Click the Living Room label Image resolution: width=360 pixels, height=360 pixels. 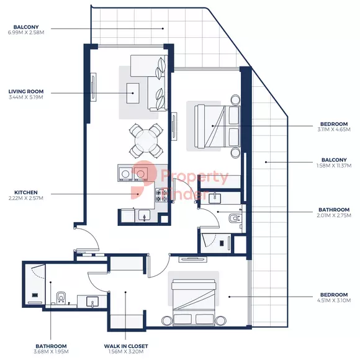(26, 91)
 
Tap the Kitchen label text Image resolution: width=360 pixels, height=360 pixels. (26, 192)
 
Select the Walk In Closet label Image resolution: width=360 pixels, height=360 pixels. (126, 346)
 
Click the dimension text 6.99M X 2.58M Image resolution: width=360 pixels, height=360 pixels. (26, 32)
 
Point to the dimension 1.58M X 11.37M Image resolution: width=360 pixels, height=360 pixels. (334, 166)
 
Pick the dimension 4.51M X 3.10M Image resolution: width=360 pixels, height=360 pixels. (334, 300)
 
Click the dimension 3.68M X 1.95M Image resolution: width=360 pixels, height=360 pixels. (51, 351)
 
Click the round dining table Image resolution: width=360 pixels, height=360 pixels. (146, 141)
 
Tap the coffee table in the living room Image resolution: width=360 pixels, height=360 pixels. (133, 93)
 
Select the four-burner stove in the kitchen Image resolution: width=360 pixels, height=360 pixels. (161, 195)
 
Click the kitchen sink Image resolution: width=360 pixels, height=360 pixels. (144, 215)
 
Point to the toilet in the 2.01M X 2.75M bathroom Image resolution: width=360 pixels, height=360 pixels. (235, 218)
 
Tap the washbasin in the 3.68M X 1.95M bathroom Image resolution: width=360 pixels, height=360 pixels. (92, 302)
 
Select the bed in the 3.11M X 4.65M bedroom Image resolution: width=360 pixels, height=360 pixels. (217, 126)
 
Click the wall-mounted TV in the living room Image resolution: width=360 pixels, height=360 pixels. (93, 87)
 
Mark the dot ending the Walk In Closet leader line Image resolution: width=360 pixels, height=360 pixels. (125, 292)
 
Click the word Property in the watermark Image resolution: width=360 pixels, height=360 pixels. (194, 177)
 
